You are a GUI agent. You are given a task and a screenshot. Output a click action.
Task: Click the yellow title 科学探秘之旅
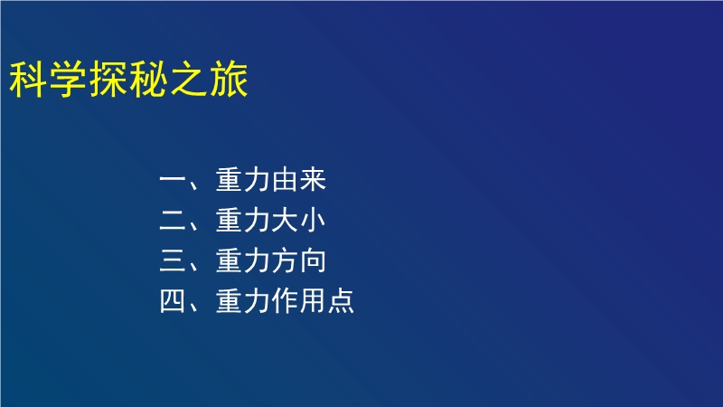(x=128, y=80)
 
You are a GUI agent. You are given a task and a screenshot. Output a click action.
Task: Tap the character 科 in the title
(x=28, y=80)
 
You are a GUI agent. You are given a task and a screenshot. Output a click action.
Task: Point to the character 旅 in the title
(x=230, y=80)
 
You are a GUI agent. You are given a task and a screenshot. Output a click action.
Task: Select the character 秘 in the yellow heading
(x=148, y=80)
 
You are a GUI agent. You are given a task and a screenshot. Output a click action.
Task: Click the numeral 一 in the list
(x=172, y=179)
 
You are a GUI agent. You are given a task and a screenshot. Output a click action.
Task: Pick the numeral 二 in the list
(x=172, y=220)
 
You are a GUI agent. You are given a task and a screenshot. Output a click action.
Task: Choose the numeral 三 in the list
(x=172, y=260)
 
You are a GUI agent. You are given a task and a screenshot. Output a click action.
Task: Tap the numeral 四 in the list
(x=172, y=301)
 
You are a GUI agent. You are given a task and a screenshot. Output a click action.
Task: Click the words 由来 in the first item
(x=299, y=179)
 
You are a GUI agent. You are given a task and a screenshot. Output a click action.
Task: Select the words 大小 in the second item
(x=299, y=220)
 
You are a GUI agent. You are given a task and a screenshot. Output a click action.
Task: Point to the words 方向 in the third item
(x=299, y=260)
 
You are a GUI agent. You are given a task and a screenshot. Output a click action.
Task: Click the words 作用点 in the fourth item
(x=313, y=301)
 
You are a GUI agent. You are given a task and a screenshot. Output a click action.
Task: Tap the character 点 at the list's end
(x=342, y=301)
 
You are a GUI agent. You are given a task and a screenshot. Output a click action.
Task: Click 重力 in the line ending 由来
(x=242, y=179)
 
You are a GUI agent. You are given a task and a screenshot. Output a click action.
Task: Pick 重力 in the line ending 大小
(x=242, y=220)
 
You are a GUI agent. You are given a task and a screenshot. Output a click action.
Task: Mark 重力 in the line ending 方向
(x=242, y=260)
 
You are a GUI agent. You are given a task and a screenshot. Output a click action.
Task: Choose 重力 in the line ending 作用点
(x=242, y=301)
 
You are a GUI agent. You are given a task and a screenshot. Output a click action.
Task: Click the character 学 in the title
(x=68, y=80)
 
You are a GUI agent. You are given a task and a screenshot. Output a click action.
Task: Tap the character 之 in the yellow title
(x=189, y=80)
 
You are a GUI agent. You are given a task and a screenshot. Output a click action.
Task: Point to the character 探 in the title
(x=108, y=80)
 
